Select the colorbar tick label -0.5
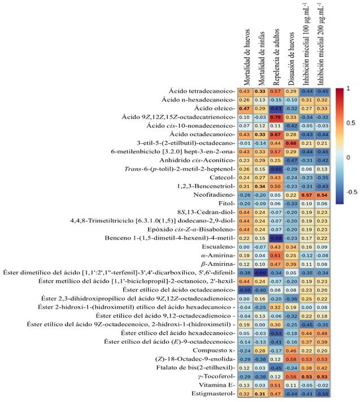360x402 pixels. tap(351, 191)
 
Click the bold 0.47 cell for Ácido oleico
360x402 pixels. tap(245, 108)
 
